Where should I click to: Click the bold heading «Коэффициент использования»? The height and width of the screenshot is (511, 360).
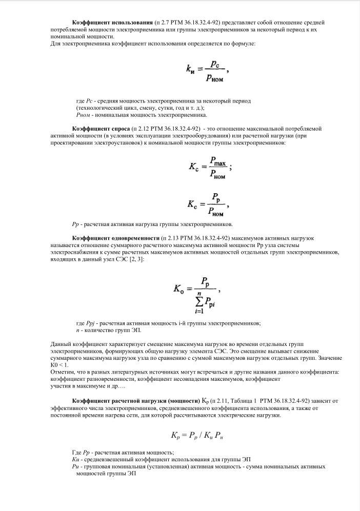[112, 24]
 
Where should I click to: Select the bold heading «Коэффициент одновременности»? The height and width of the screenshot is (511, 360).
[116, 238]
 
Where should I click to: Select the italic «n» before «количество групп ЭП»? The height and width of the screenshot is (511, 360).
[77, 331]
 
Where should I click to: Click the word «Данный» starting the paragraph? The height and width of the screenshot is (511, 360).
[61, 343]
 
